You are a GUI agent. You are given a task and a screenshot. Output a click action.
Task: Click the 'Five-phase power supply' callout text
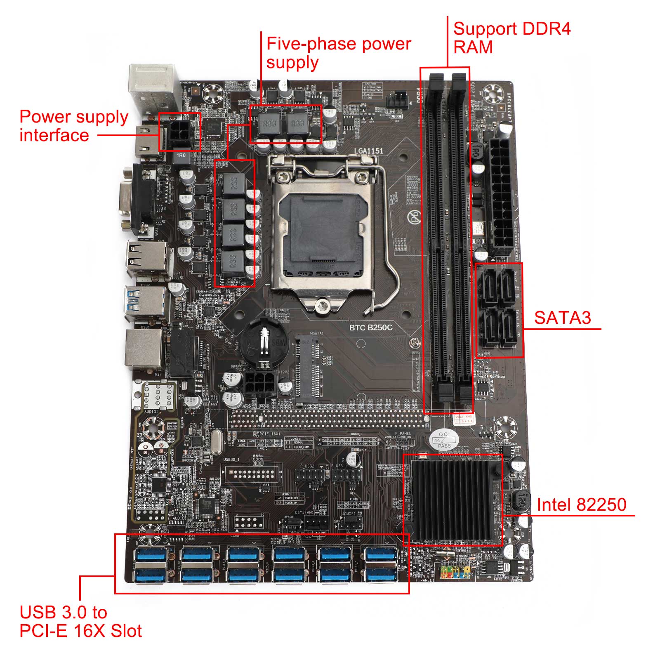(x=338, y=53)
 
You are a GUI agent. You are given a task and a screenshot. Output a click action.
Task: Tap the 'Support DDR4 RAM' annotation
(x=511, y=38)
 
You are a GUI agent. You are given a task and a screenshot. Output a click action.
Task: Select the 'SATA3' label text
(x=562, y=318)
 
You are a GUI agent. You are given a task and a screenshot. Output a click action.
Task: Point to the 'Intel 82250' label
(x=581, y=504)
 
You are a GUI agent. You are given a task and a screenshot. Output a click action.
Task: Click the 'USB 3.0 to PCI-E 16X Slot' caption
(x=80, y=622)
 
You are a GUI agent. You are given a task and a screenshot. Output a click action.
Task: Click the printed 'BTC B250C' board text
(x=371, y=328)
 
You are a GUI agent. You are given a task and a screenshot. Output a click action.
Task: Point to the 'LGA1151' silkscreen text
(x=368, y=151)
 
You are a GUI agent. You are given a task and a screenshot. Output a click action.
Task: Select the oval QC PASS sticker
(x=444, y=440)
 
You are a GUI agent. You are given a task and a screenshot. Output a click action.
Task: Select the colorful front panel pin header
(x=455, y=571)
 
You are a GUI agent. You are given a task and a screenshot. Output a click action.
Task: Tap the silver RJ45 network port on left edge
(x=144, y=349)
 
